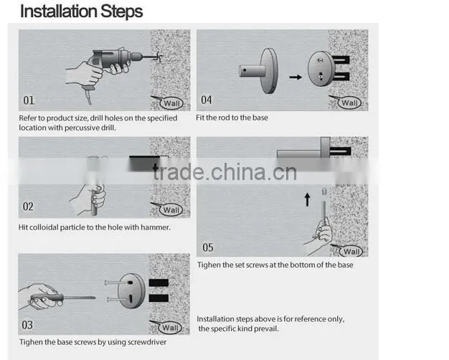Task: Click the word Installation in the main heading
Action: coord(59,11)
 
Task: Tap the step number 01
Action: coord(29,100)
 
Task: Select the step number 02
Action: coord(28,207)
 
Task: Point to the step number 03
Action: coord(27,325)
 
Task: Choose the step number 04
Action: coord(207,100)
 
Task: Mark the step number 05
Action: coord(208,247)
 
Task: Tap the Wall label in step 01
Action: coord(172,103)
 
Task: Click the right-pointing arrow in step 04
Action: coord(296,77)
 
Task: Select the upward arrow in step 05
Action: coord(307,199)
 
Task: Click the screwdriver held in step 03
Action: coord(62,298)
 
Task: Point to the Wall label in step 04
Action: coord(349,103)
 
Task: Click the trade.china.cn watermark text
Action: coord(225,172)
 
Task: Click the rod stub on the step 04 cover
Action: coord(252,71)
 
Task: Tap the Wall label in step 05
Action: coord(351,252)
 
